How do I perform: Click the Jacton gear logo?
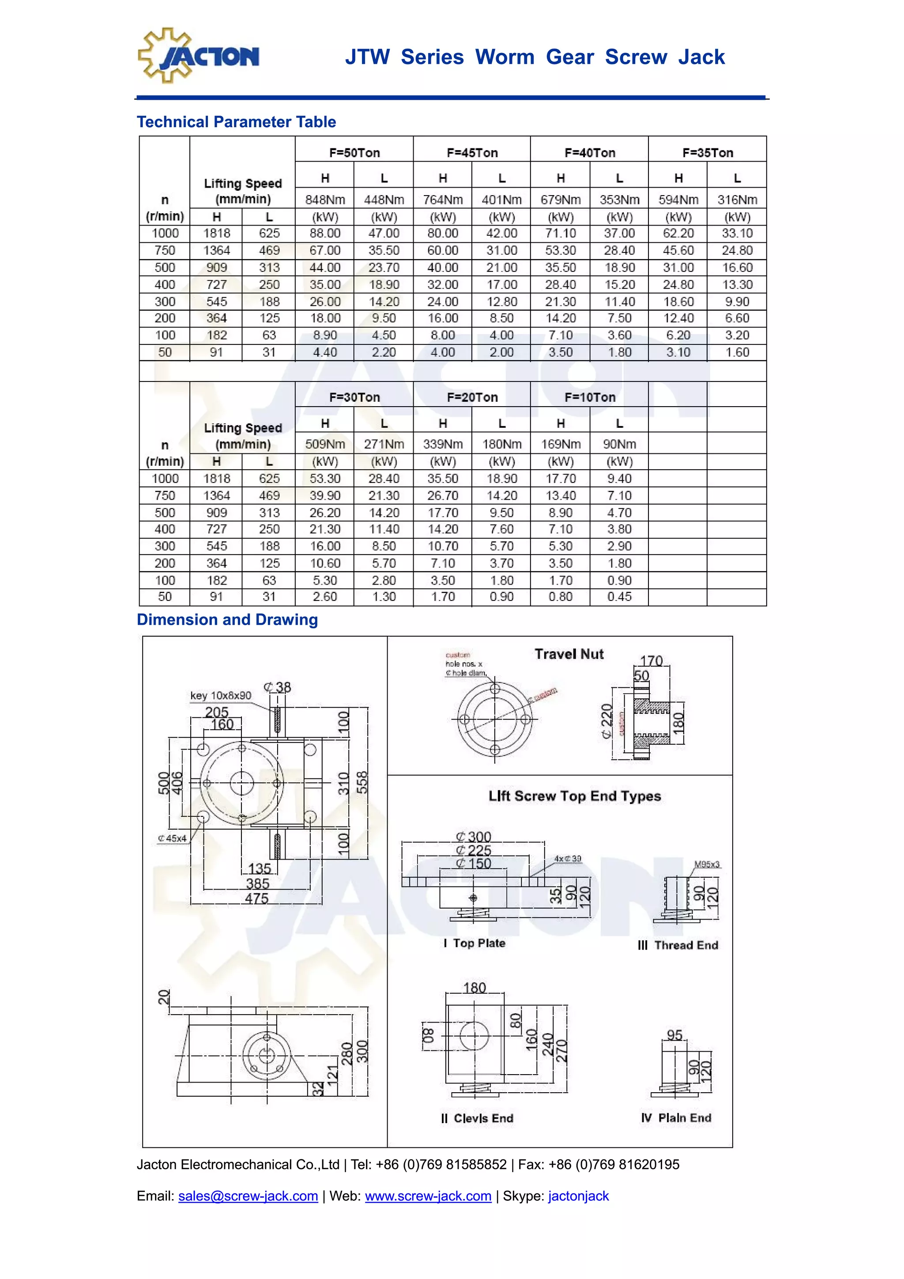pyautogui.click(x=198, y=56)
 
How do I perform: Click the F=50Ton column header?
pyautogui.click(x=354, y=153)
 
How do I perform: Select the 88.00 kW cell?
pyautogui.click(x=325, y=234)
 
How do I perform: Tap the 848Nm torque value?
pyautogui.click(x=325, y=200)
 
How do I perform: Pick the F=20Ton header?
pyautogui.click(x=472, y=397)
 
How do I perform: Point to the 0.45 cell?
pyautogui.click(x=619, y=596)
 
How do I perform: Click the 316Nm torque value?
pyautogui.click(x=737, y=200)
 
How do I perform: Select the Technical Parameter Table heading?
pyautogui.click(x=236, y=122)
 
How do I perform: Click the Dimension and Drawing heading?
pyautogui.click(x=227, y=619)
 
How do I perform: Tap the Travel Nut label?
pyautogui.click(x=569, y=654)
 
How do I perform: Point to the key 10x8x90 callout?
pyautogui.click(x=221, y=695)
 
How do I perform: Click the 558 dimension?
pyautogui.click(x=362, y=783)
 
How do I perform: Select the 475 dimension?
pyautogui.click(x=257, y=898)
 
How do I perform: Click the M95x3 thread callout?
pyautogui.click(x=707, y=864)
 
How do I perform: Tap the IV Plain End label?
pyautogui.click(x=676, y=1117)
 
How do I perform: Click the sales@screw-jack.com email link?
pyautogui.click(x=248, y=1196)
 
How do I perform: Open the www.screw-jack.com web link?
pyautogui.click(x=428, y=1196)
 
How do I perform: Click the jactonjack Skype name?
pyautogui.click(x=578, y=1196)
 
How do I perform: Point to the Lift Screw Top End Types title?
pyautogui.click(x=574, y=796)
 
